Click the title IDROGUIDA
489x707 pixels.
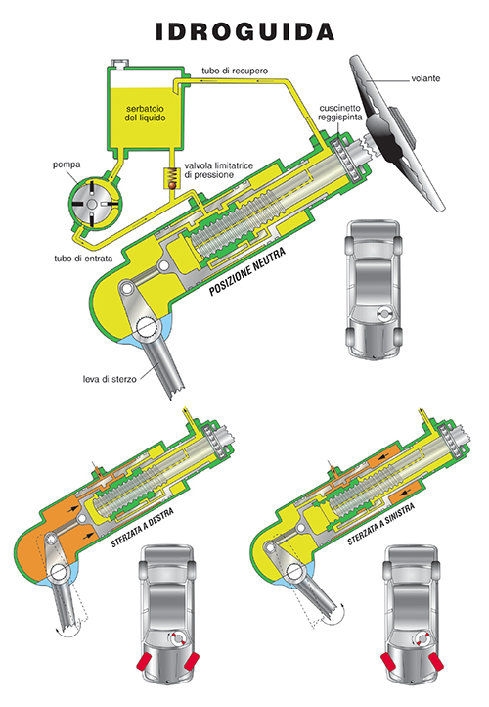(244, 32)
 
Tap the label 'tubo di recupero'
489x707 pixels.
(235, 71)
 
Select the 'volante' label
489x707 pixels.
(425, 78)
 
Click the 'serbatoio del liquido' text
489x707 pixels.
(146, 114)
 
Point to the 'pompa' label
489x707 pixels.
(67, 165)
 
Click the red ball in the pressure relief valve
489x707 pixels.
(172, 184)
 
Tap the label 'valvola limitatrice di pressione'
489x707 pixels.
(218, 170)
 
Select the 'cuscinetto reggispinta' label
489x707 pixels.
(340, 113)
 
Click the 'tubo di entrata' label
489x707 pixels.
(83, 259)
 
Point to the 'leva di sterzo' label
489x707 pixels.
(110, 379)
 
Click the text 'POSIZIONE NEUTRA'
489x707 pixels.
(247, 271)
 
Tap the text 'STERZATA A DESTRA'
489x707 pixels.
(142, 528)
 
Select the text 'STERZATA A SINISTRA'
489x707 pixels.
(381, 525)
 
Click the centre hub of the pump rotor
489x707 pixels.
(91, 205)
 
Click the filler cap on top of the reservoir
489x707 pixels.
(120, 63)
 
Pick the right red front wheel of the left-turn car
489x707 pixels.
(435, 661)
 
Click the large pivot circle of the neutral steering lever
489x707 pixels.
(148, 328)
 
